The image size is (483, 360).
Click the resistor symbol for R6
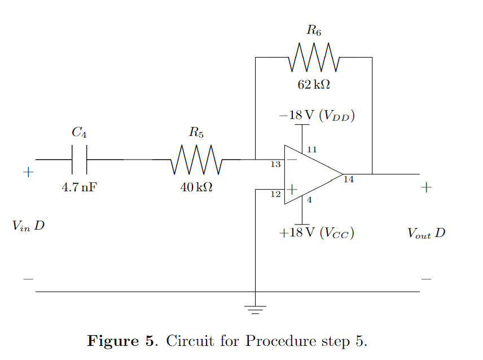pyautogui.click(x=314, y=58)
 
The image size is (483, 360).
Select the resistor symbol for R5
pyautogui.click(x=196, y=160)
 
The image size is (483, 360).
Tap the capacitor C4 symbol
pyautogui.click(x=80, y=160)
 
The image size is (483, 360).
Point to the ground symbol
pyautogui.click(x=256, y=309)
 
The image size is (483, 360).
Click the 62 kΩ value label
pyautogui.click(x=314, y=85)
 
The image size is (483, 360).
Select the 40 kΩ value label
pyautogui.click(x=196, y=187)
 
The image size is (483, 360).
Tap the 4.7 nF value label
pyautogui.click(x=79, y=187)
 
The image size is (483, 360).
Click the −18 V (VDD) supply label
pyautogui.click(x=317, y=116)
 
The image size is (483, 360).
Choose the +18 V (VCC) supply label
pyautogui.click(x=317, y=233)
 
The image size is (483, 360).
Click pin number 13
pyautogui.click(x=275, y=165)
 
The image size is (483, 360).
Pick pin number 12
pyautogui.click(x=275, y=194)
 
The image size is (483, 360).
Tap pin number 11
pyautogui.click(x=311, y=150)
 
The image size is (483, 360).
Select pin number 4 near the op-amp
pyautogui.click(x=309, y=200)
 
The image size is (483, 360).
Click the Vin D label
pyautogui.click(x=28, y=226)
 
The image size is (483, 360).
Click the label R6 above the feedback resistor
pyautogui.click(x=314, y=31)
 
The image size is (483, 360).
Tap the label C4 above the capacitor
pyautogui.click(x=79, y=133)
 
